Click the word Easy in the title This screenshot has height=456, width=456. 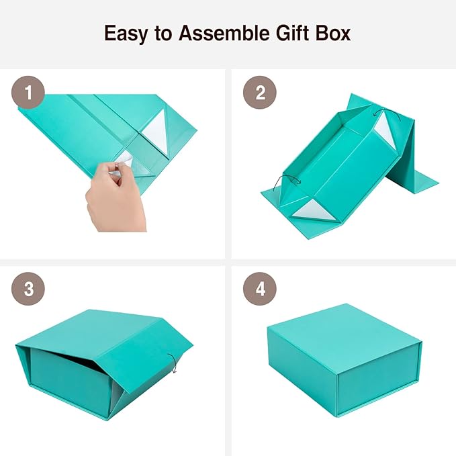(x=126, y=33)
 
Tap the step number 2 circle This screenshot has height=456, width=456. (x=260, y=93)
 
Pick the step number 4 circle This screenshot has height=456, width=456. (x=260, y=289)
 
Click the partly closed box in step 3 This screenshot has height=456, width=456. (x=101, y=363)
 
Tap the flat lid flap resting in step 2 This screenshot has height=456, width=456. (x=416, y=177)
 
